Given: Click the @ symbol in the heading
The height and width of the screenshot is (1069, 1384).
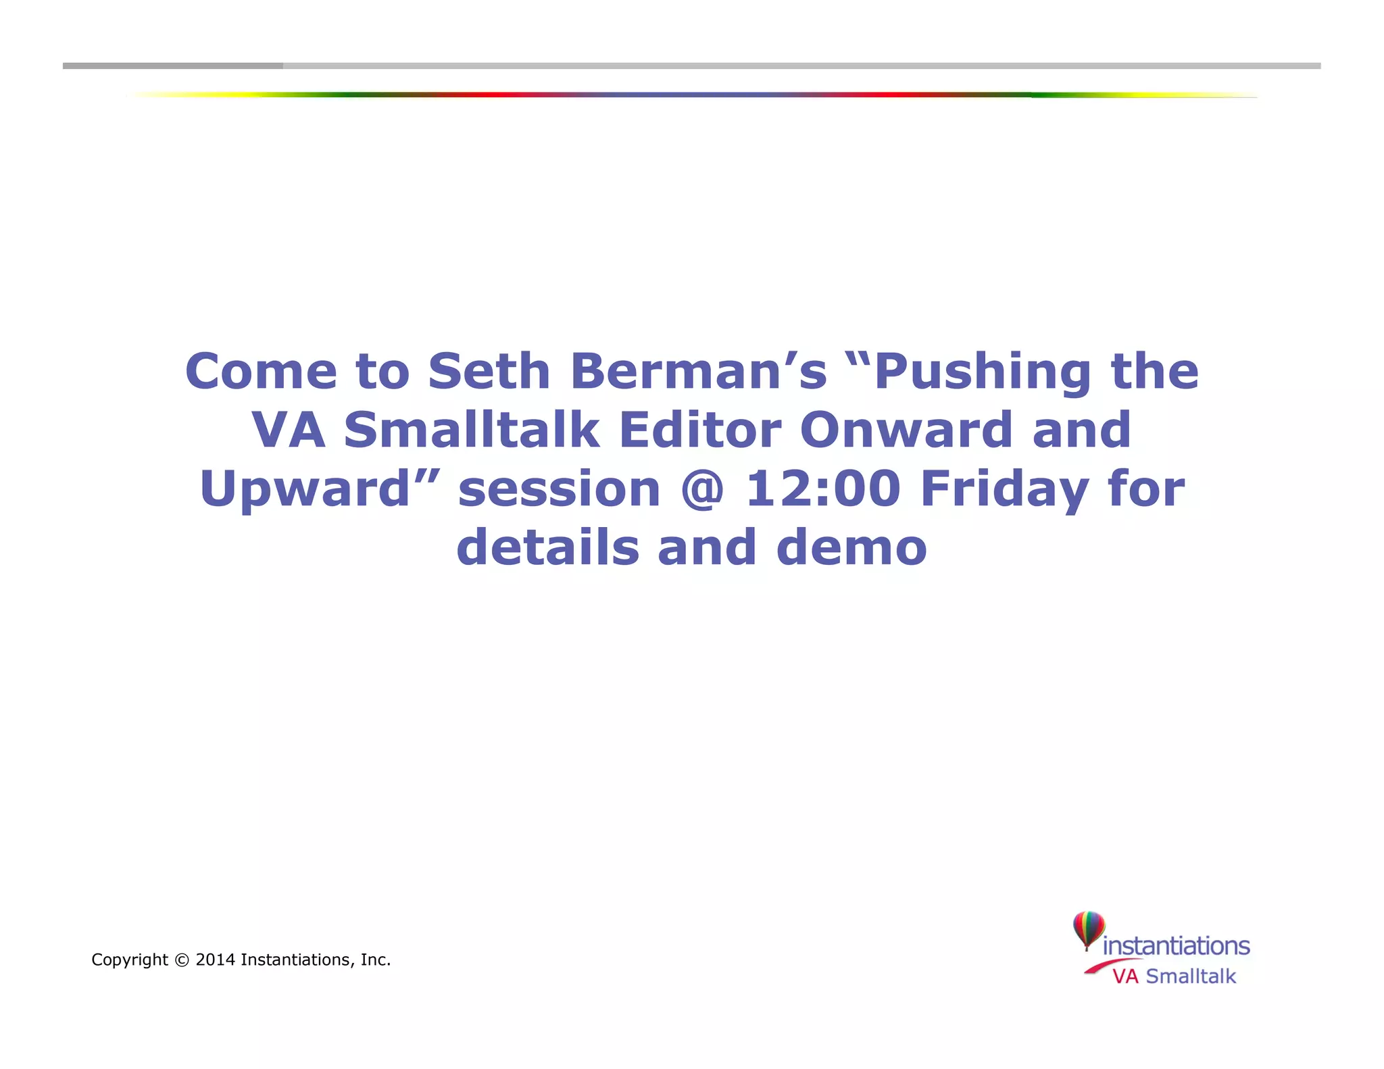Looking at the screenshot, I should coord(703,489).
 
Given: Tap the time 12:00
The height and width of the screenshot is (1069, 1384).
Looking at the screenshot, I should coord(822,489).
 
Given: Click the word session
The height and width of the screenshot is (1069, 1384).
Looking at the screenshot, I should coord(559,489).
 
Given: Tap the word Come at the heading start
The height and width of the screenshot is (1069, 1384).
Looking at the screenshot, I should coord(261,372).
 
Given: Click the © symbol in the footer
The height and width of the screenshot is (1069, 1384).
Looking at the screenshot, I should coord(182,960).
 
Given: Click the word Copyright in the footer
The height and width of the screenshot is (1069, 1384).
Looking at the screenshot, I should coord(129,960).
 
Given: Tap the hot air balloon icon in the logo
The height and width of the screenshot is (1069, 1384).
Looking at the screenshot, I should coord(1089,929).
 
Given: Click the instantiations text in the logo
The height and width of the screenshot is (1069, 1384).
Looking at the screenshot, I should coord(1176,946).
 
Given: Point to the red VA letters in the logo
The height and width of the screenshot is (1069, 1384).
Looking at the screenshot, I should coord(1125,976).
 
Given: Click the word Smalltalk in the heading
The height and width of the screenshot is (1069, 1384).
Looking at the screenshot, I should coord(471,430).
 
